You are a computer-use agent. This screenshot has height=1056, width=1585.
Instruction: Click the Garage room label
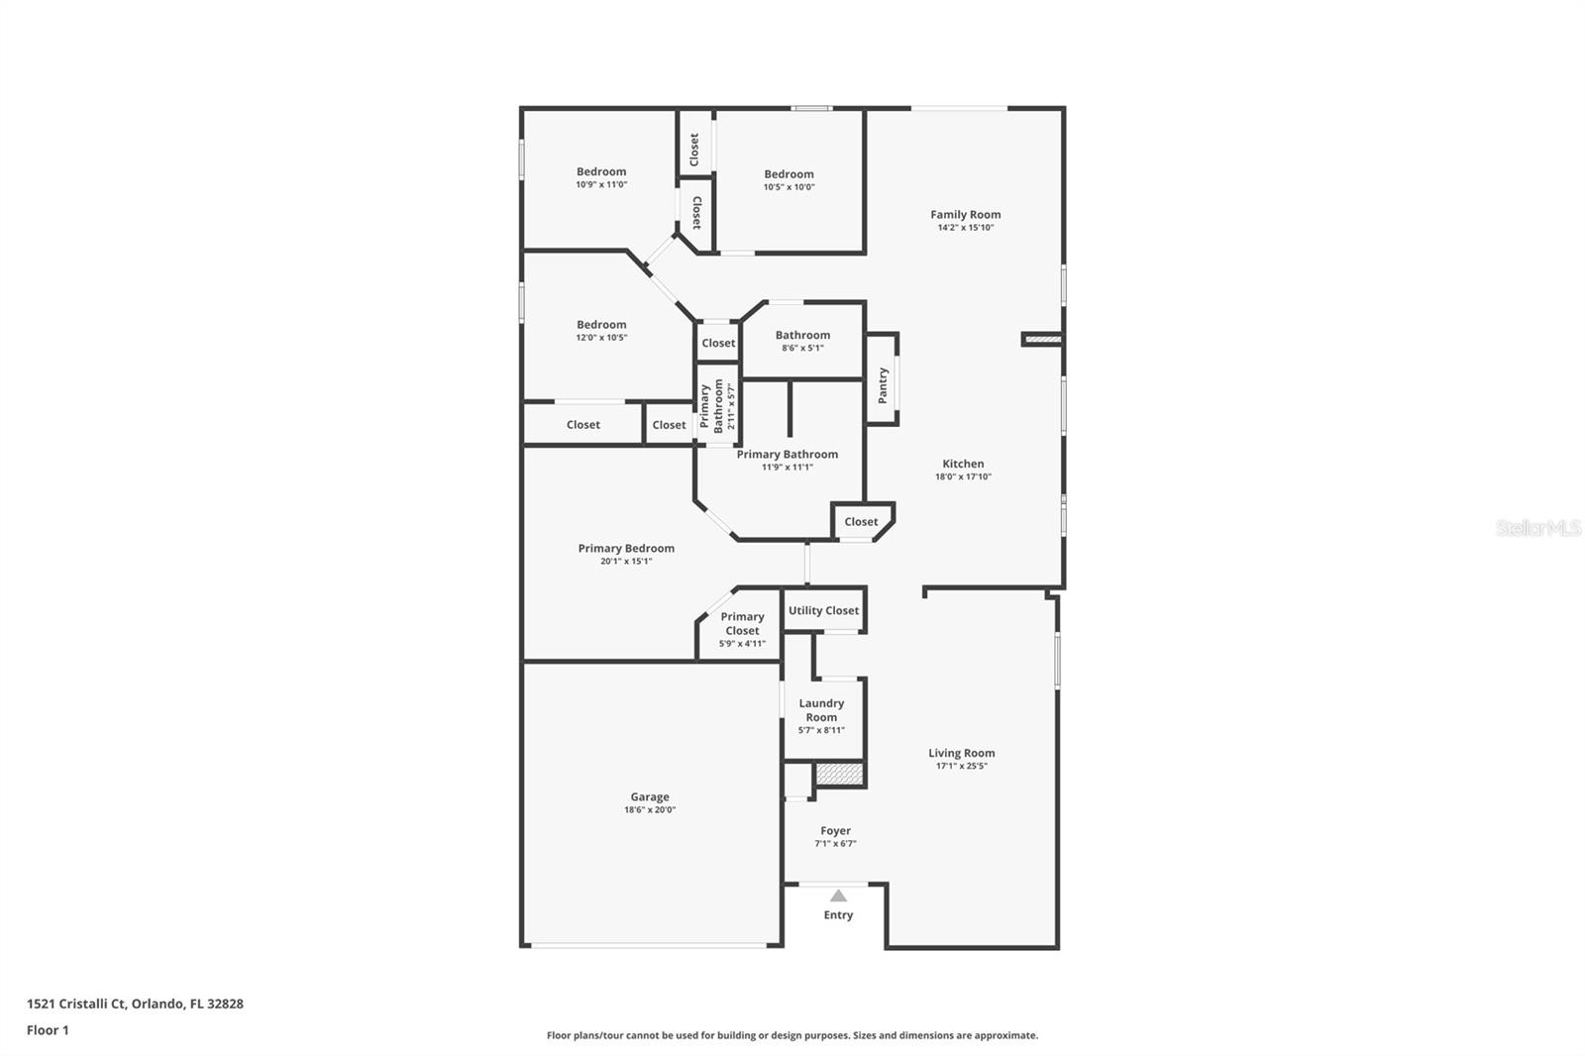[x=650, y=796]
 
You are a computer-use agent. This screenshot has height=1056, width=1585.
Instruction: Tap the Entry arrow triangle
[x=838, y=896]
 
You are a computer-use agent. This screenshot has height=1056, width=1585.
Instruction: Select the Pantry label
[x=883, y=384]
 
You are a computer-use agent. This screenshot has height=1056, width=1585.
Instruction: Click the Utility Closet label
[x=823, y=610]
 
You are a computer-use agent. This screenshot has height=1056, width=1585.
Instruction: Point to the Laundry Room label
[x=821, y=709]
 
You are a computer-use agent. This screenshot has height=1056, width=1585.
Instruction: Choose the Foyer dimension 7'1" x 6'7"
[x=835, y=844]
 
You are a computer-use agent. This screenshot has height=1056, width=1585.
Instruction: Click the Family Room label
[x=965, y=214]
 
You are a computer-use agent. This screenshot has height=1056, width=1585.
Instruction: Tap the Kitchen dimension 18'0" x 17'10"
[x=963, y=476]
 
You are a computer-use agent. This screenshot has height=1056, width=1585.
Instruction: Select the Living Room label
[x=961, y=753]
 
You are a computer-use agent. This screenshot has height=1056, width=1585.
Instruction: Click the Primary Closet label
[x=742, y=623]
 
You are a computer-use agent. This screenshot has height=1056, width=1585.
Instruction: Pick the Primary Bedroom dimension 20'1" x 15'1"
[x=626, y=562]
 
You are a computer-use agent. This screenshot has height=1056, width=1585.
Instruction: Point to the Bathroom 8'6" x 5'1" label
[x=802, y=335]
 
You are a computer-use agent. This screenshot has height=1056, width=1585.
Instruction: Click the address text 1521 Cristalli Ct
[x=135, y=1003]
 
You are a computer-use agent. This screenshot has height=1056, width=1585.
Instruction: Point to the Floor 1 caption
[x=48, y=1030]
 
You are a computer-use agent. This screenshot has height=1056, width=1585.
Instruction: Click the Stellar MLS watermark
[x=1537, y=528]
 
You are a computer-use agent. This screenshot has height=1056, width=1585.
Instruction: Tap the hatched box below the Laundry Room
[x=840, y=773]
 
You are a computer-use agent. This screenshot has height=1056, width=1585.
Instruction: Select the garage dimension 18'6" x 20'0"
[x=650, y=810]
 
